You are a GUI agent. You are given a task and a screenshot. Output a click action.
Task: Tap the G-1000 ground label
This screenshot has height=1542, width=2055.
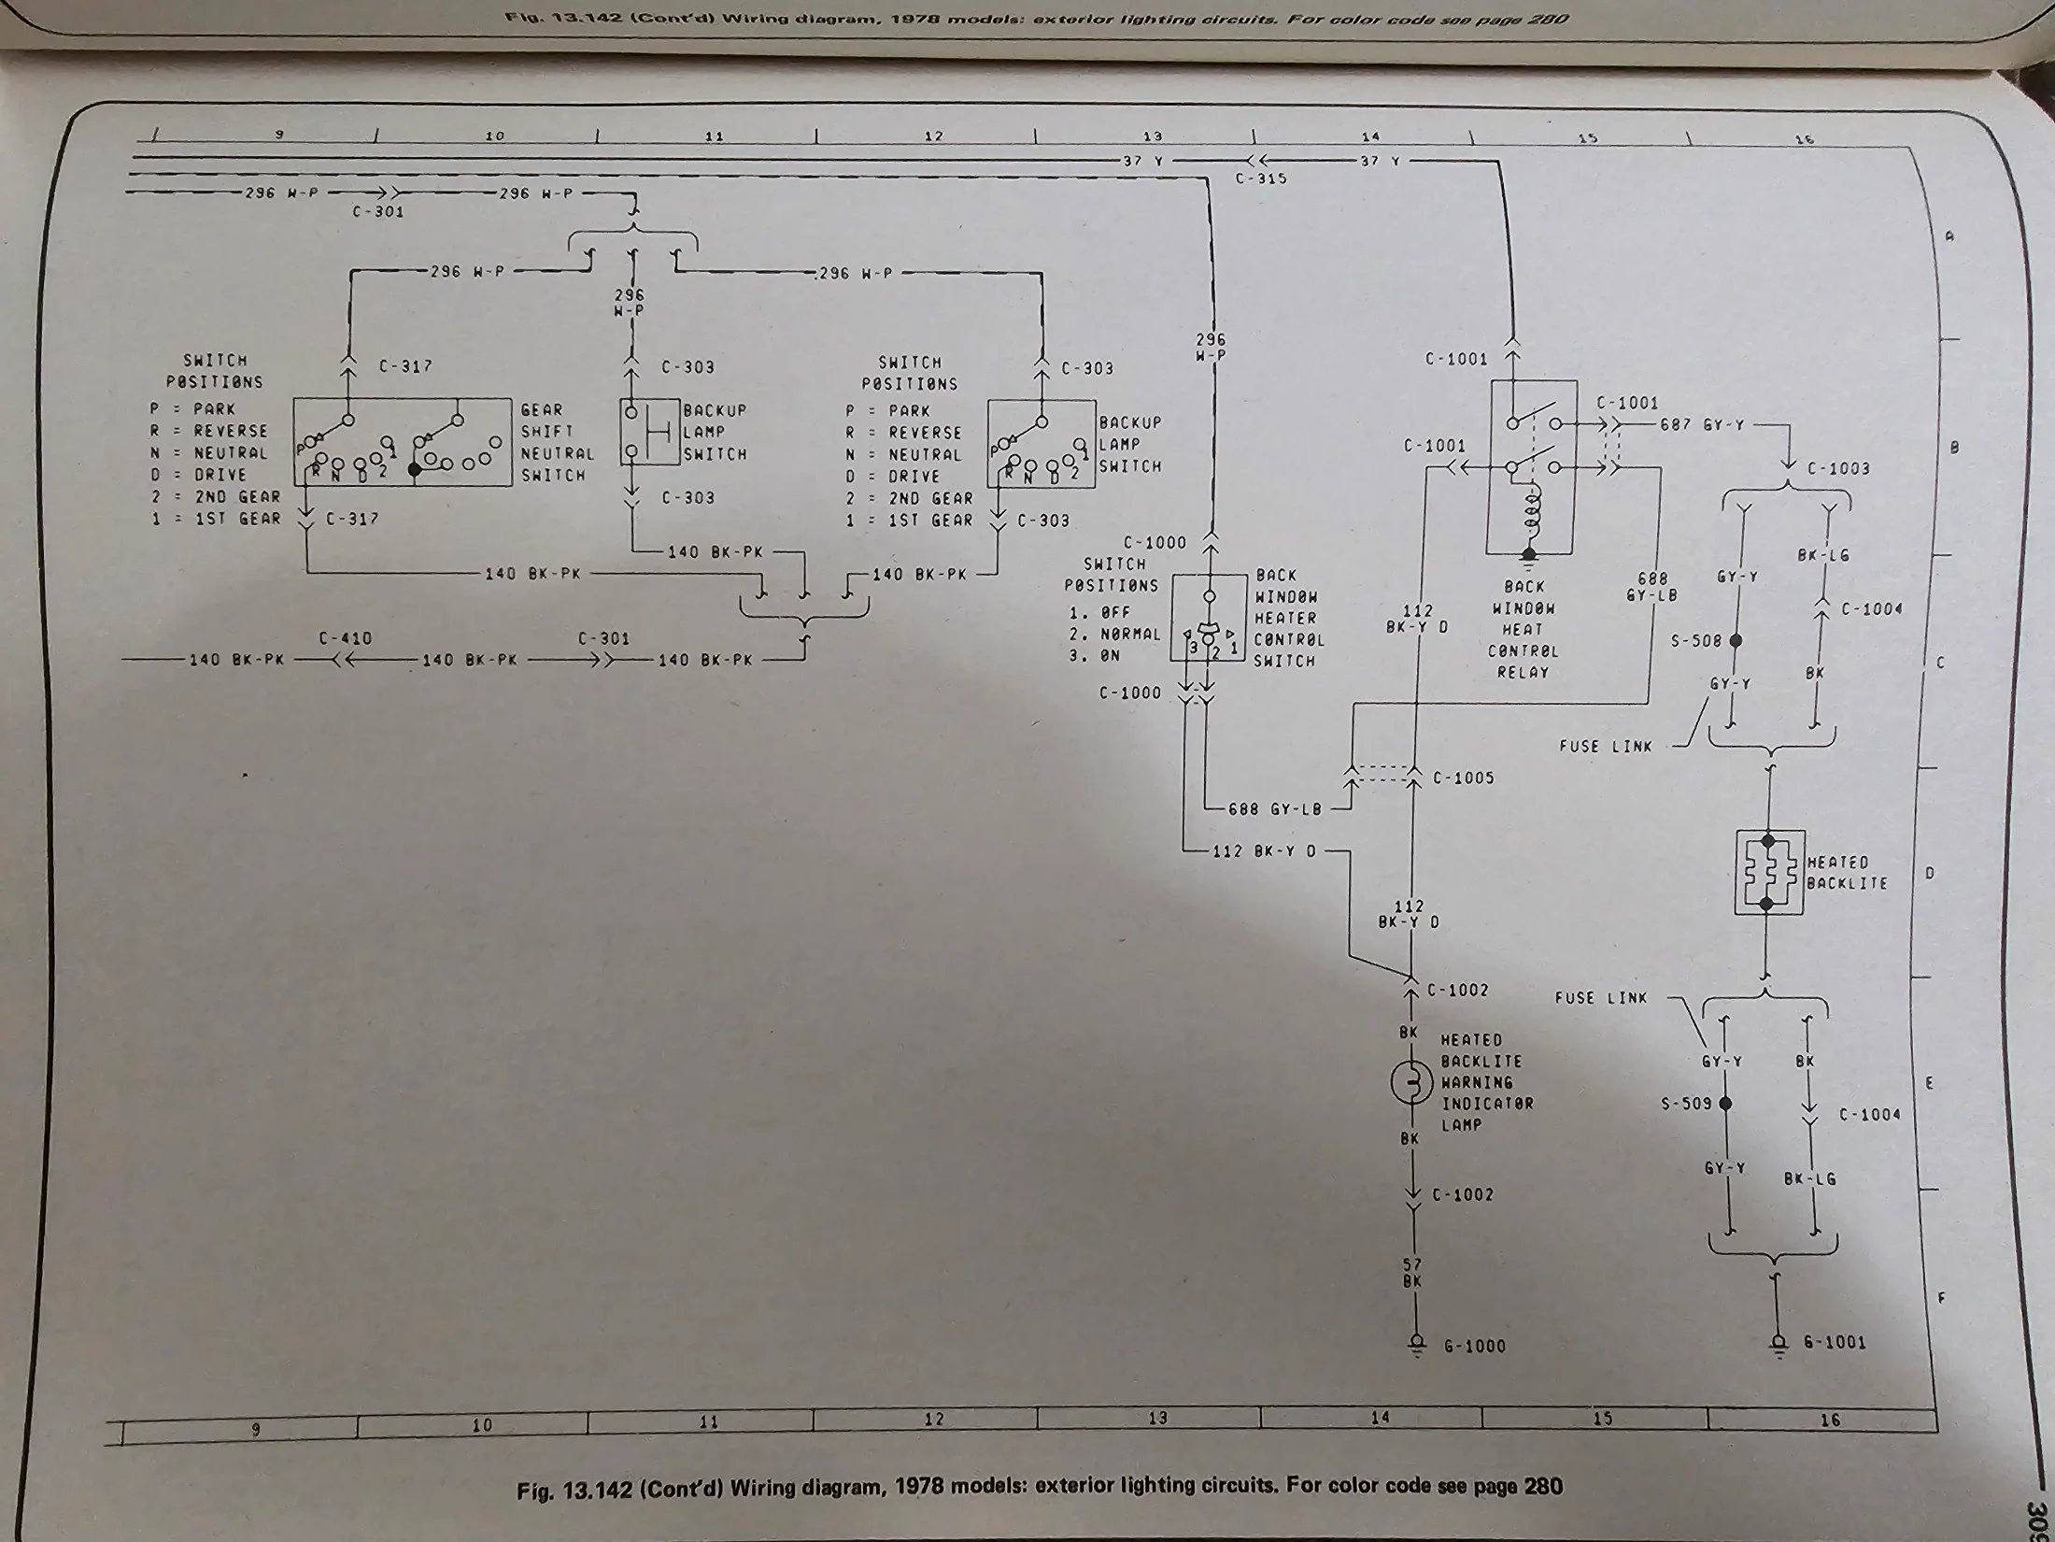coord(1475,1347)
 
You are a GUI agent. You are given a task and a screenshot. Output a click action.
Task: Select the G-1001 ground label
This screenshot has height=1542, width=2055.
coord(1835,1343)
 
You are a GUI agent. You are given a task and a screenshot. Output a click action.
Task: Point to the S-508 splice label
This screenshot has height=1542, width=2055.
coord(1695,641)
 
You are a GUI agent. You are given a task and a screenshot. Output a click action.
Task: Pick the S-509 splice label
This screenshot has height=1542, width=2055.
coord(1686,1104)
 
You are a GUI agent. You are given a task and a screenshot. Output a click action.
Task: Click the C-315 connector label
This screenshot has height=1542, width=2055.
coord(1261,178)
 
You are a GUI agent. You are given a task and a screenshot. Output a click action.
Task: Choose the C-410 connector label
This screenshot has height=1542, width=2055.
coord(345,639)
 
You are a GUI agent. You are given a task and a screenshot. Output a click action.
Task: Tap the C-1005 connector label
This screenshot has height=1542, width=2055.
coord(1463,778)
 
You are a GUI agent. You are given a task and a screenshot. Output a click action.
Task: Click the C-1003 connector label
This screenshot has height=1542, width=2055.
coord(1838,469)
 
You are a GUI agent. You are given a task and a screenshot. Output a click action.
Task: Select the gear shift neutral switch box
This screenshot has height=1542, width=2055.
coord(403,442)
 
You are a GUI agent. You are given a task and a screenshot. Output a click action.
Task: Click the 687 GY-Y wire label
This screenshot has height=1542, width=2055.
coord(1702,425)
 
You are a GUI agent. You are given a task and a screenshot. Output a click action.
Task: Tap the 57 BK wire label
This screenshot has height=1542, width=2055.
coord(1411,1273)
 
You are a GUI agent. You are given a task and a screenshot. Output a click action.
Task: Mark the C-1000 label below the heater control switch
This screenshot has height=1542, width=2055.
coord(1130,693)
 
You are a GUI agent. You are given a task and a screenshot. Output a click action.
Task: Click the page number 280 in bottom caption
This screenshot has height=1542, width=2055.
coord(1543,1486)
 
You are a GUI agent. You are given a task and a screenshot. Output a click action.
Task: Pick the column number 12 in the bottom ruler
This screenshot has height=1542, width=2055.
coord(934,1420)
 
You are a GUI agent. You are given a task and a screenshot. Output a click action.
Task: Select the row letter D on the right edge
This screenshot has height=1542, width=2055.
coord(1930,874)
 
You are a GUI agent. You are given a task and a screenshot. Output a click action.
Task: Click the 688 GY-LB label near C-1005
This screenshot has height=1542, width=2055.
coord(1275,809)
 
